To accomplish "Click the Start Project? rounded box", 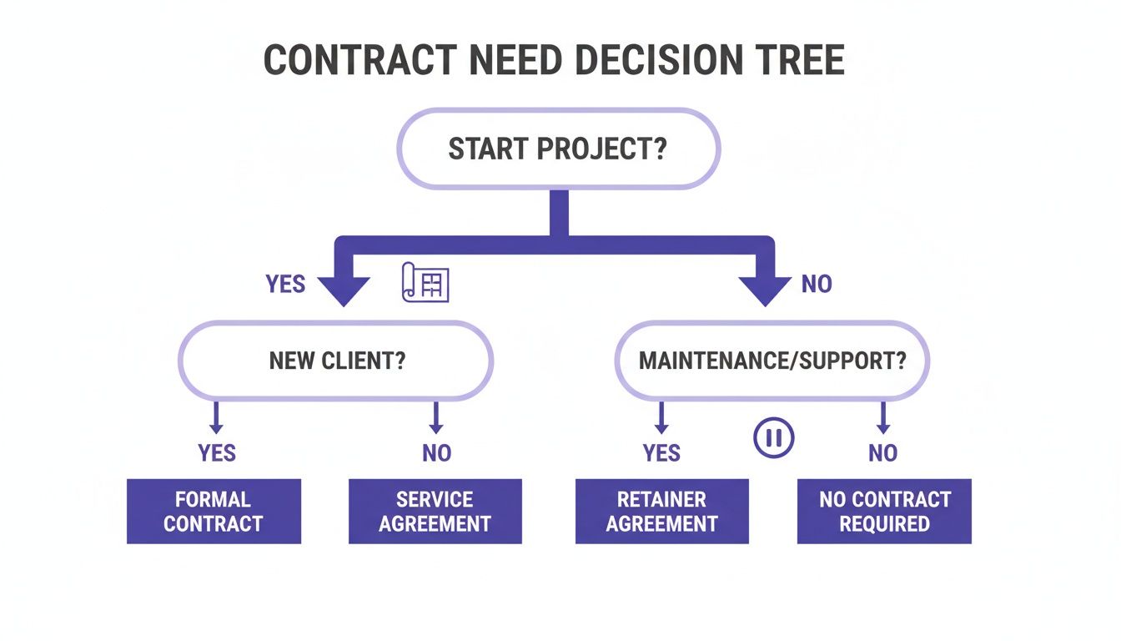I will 558,149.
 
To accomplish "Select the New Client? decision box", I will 336,361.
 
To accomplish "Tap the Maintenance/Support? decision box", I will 772,361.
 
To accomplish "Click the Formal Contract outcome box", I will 214,512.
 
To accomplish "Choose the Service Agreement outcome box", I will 435,512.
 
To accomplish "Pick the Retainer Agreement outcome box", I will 661,512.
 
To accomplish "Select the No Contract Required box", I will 884,512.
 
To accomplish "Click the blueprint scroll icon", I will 425,282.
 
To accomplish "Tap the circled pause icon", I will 774,437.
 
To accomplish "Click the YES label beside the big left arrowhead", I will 285,284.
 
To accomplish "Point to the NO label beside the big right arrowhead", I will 817,284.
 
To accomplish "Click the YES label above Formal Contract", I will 217,453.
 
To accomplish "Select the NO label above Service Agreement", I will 436,453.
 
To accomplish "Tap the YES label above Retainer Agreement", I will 661,453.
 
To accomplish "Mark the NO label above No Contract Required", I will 882,453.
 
